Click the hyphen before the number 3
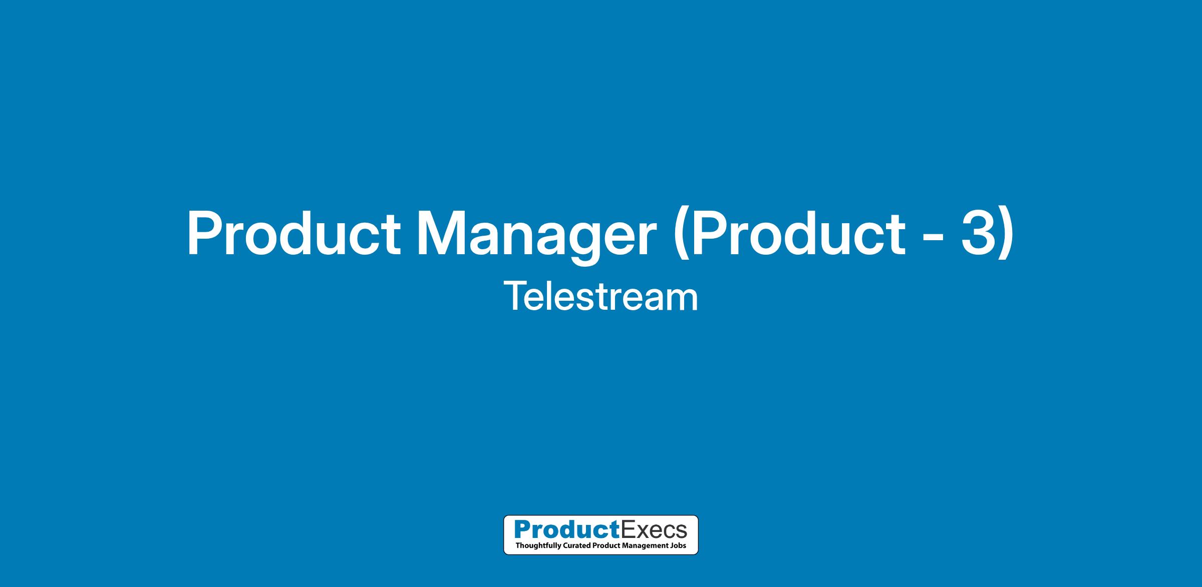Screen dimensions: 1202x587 (x=932, y=237)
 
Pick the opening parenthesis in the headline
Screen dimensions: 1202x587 (x=681, y=236)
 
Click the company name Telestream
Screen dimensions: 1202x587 (x=601, y=296)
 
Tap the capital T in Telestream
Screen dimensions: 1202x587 (x=516, y=296)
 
